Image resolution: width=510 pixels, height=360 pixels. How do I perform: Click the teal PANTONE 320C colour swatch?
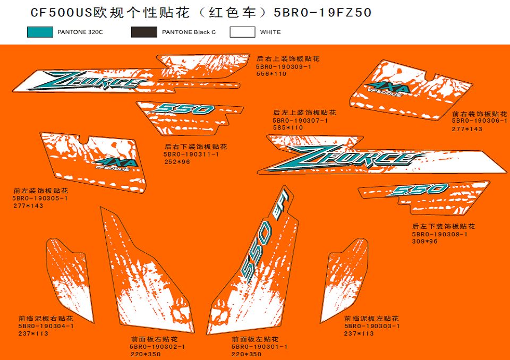[x=40, y=32]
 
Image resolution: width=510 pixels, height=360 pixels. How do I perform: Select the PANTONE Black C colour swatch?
[x=144, y=32]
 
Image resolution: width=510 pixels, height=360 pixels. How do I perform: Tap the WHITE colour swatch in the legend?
[x=242, y=32]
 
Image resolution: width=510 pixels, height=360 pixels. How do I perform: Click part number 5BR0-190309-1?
[x=283, y=67]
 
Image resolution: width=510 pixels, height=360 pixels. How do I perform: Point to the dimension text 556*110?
[x=271, y=74]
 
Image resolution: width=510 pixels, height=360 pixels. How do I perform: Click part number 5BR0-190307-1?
[x=300, y=121]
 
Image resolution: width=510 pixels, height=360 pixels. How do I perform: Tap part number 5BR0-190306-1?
[x=479, y=121]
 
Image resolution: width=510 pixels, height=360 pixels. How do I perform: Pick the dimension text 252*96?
[x=177, y=161]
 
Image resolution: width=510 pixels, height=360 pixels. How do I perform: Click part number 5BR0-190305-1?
[x=40, y=198]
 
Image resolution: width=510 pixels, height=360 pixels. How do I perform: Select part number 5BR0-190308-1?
[x=440, y=234]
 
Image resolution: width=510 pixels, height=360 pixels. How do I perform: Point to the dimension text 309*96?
[x=425, y=241]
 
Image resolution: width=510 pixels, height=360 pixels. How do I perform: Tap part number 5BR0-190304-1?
[x=46, y=326]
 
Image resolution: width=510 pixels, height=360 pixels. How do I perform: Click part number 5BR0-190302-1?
[x=157, y=347]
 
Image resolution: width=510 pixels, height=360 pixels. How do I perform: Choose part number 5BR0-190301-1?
[x=259, y=347]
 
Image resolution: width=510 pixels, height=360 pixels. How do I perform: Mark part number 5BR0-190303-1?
[x=372, y=326]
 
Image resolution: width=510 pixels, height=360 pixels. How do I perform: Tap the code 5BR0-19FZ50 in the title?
[x=323, y=12]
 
